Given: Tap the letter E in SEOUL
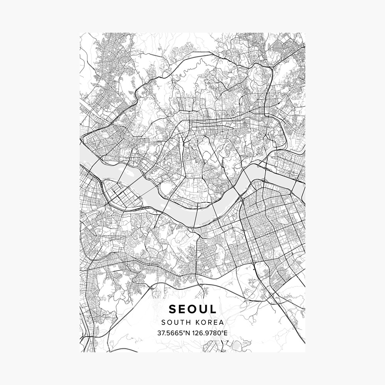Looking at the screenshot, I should coord(183,309).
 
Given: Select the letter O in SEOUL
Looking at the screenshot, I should coord(193,309).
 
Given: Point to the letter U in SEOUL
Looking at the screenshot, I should coord(204,309).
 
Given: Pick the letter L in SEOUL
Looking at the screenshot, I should coord(213,309).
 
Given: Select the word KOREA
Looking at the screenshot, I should coord(209,322).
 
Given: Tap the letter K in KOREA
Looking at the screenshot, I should coord(197,322).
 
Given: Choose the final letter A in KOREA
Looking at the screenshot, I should coord(221,322).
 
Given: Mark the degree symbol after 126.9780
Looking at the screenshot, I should coord(222,331).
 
